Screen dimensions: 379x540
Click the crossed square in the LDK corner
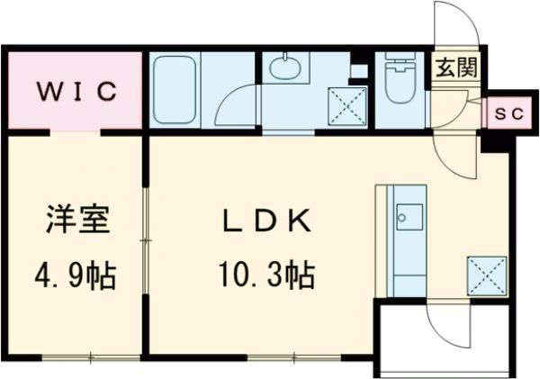(487, 274)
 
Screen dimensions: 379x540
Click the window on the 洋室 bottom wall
(91, 359)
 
